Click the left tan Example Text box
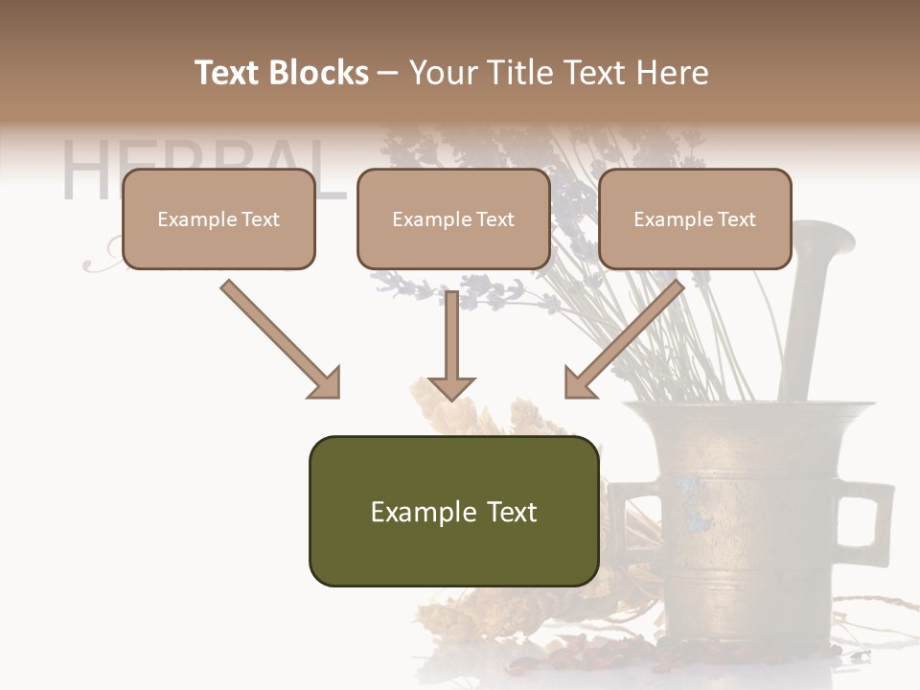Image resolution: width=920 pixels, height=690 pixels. click(218, 219)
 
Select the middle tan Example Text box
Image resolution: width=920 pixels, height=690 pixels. click(453, 219)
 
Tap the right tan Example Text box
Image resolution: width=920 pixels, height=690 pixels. click(695, 219)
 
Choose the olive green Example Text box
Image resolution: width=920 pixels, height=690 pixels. click(453, 512)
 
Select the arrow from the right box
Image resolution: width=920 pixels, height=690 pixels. click(628, 335)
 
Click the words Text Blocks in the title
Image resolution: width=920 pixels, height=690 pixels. click(282, 73)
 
